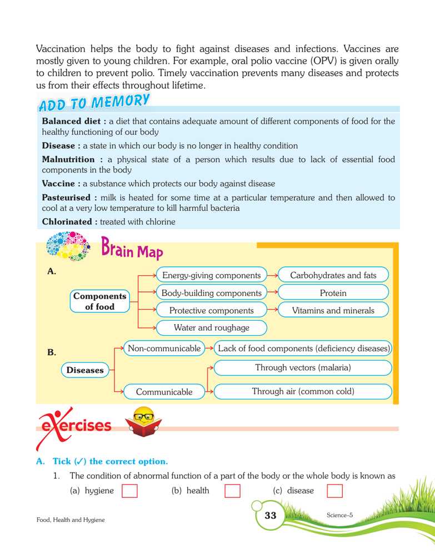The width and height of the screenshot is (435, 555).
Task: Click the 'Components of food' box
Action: click(100, 301)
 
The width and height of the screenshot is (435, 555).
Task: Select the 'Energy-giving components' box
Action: click(211, 275)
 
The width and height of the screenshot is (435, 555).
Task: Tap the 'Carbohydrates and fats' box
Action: click(333, 275)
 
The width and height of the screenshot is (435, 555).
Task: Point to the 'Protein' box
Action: click(333, 293)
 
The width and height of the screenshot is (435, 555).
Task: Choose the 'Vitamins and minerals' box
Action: click(333, 311)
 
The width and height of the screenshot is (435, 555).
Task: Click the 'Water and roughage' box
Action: click(211, 328)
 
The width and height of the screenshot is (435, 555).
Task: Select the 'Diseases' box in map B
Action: click(85, 370)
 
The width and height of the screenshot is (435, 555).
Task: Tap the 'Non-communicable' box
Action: click(164, 349)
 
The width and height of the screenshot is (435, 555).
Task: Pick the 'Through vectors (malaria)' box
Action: click(303, 367)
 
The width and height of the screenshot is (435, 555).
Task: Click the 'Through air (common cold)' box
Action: click(303, 391)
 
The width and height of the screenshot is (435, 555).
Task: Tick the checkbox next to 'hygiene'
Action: click(129, 491)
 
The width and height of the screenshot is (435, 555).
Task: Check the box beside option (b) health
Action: click(232, 491)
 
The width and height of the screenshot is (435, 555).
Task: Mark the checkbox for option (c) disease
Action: click(335, 491)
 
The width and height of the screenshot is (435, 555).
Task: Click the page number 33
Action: click(270, 516)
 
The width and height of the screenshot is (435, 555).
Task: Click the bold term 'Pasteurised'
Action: click(69, 198)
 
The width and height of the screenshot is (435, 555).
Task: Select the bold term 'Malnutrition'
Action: click(68, 159)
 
